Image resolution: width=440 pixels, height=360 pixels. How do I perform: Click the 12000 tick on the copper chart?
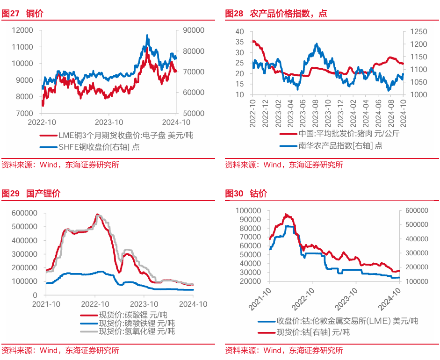point(22,30)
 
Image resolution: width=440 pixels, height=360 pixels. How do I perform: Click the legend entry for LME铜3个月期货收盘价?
point(125,136)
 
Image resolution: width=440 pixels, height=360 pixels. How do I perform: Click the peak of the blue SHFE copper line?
point(147,35)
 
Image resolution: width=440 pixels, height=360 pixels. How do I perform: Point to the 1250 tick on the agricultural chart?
point(418,31)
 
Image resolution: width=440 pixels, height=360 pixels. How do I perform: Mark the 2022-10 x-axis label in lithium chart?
point(95,304)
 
